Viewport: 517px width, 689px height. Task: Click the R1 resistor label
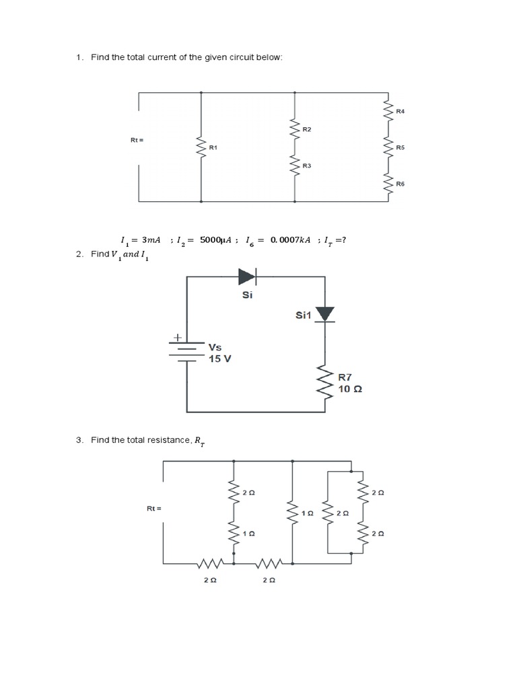click(213, 147)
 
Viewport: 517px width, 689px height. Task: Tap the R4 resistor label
click(401, 110)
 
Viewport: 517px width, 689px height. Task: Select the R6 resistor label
click(401, 183)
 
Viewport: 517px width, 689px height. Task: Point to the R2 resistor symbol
click(294, 129)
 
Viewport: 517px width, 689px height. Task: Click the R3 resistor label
click(307, 165)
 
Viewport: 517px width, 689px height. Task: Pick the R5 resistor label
click(401, 147)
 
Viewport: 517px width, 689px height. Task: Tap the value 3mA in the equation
click(150, 240)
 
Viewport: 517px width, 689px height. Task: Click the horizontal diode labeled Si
click(247, 276)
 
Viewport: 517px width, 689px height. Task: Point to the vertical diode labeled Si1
click(325, 314)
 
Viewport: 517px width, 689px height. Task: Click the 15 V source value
click(219, 359)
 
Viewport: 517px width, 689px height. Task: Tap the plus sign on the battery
click(179, 336)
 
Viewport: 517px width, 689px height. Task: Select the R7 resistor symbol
click(326, 383)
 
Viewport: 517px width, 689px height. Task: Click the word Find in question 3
click(99, 440)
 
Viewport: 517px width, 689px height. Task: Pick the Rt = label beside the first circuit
click(137, 140)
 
